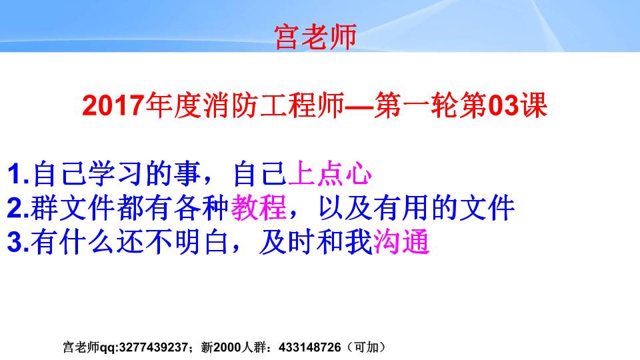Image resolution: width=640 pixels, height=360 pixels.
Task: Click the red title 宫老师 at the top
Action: [316, 37]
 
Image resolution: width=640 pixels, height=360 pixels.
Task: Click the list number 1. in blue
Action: [19, 175]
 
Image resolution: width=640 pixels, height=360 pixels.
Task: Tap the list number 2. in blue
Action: [19, 209]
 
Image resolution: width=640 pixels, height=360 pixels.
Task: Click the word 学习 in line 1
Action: [103, 175]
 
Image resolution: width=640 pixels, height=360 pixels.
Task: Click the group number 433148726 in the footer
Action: [311, 347]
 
